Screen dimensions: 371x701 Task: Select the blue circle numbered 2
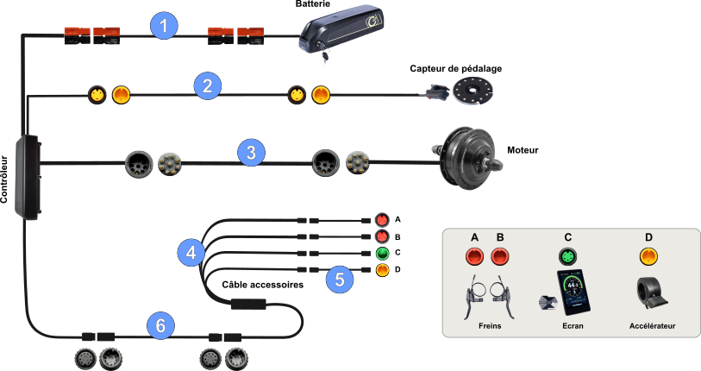pos(206,85)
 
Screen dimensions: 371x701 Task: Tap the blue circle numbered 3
pos(250,153)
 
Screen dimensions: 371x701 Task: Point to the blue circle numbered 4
pos(191,252)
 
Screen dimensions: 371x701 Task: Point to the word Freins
pos(490,327)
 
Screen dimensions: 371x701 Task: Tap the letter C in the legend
pos(567,237)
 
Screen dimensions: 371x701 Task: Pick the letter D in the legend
pos(648,237)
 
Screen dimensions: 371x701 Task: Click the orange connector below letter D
pos(648,256)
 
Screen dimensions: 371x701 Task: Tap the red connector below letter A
pos(474,256)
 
